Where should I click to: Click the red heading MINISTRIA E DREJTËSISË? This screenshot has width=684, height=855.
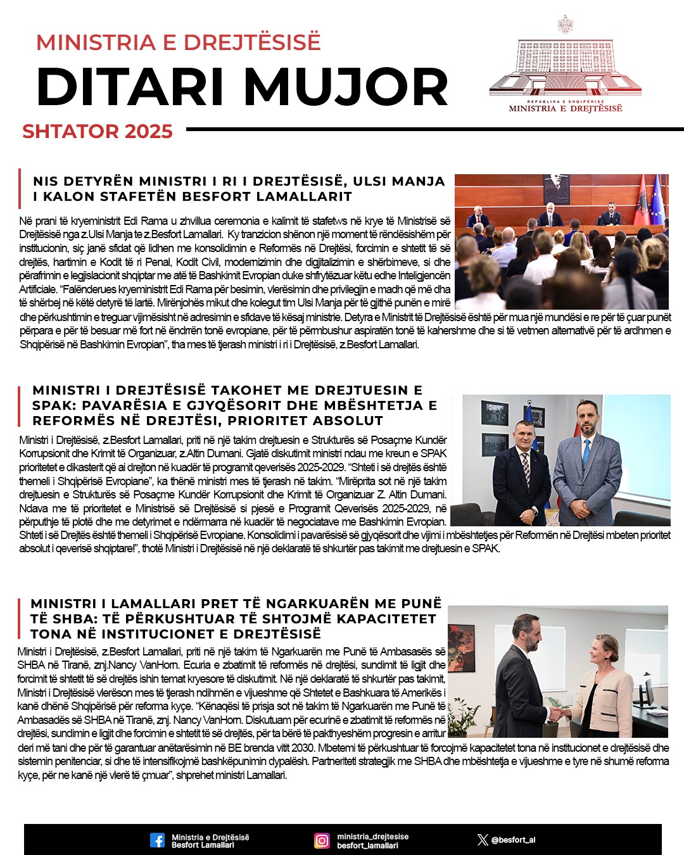[x=178, y=42]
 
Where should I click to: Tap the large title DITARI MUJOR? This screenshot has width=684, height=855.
[x=242, y=87]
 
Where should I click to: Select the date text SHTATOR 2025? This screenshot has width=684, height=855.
[x=98, y=131]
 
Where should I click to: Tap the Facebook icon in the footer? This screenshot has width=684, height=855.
[x=157, y=840]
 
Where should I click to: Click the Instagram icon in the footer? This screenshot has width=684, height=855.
[x=322, y=840]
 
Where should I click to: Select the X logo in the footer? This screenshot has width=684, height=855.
[x=483, y=840]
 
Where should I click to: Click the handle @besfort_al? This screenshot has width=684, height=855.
[x=514, y=840]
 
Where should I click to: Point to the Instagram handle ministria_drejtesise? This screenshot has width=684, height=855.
[x=372, y=836]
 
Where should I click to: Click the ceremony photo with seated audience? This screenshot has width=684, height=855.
[x=561, y=241]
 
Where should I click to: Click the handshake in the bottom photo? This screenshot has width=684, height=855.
[x=557, y=713]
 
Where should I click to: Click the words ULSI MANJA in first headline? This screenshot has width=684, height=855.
[x=399, y=181]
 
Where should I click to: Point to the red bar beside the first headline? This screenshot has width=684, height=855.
[x=20, y=189]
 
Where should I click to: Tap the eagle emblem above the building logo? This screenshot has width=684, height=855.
[x=565, y=25]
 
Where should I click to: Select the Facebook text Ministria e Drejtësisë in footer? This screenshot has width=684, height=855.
[x=210, y=837]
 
